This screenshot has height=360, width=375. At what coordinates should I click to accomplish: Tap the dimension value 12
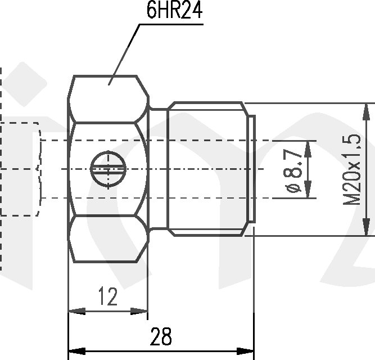pos(107,296)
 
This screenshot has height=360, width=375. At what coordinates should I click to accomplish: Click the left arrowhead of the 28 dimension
pos(75,351)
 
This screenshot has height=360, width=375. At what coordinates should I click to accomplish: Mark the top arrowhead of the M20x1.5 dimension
pos(368,110)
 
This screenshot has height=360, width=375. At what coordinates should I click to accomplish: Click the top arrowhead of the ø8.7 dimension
pos(308,146)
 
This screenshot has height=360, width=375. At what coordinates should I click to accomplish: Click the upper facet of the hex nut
pos(107,98)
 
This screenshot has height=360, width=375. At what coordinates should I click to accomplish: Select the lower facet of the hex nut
pos(107,240)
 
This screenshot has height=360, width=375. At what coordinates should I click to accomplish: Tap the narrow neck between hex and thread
pos(159,169)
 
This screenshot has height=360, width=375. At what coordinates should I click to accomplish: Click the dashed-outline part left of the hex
pos(20,169)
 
